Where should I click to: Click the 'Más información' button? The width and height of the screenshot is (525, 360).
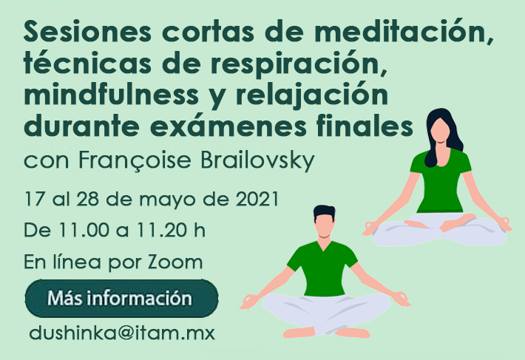click(x=121, y=298)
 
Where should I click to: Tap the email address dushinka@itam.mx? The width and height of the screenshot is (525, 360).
click(x=122, y=333)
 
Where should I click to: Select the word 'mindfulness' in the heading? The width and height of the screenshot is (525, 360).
click(x=110, y=95)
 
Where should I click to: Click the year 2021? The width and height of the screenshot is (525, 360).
click(x=257, y=200)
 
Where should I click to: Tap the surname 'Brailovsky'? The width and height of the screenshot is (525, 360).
click(x=257, y=161)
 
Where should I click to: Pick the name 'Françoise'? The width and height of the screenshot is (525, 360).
click(x=135, y=162)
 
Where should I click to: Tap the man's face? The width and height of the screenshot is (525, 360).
click(x=323, y=225)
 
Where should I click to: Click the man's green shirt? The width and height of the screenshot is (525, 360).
click(x=322, y=268)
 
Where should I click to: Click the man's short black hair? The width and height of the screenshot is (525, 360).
click(x=325, y=212)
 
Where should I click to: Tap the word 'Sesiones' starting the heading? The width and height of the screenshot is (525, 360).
click(x=87, y=32)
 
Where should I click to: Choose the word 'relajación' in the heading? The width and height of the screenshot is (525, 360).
click(x=311, y=96)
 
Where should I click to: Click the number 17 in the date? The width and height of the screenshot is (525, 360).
click(x=35, y=200)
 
